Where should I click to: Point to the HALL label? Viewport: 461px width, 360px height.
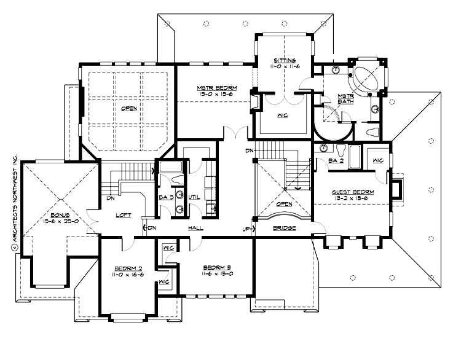(196, 228)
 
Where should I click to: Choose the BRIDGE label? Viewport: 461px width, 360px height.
(283, 228)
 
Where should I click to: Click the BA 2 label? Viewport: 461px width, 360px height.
(336, 160)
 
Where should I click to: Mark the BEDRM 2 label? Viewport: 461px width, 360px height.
(129, 269)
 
